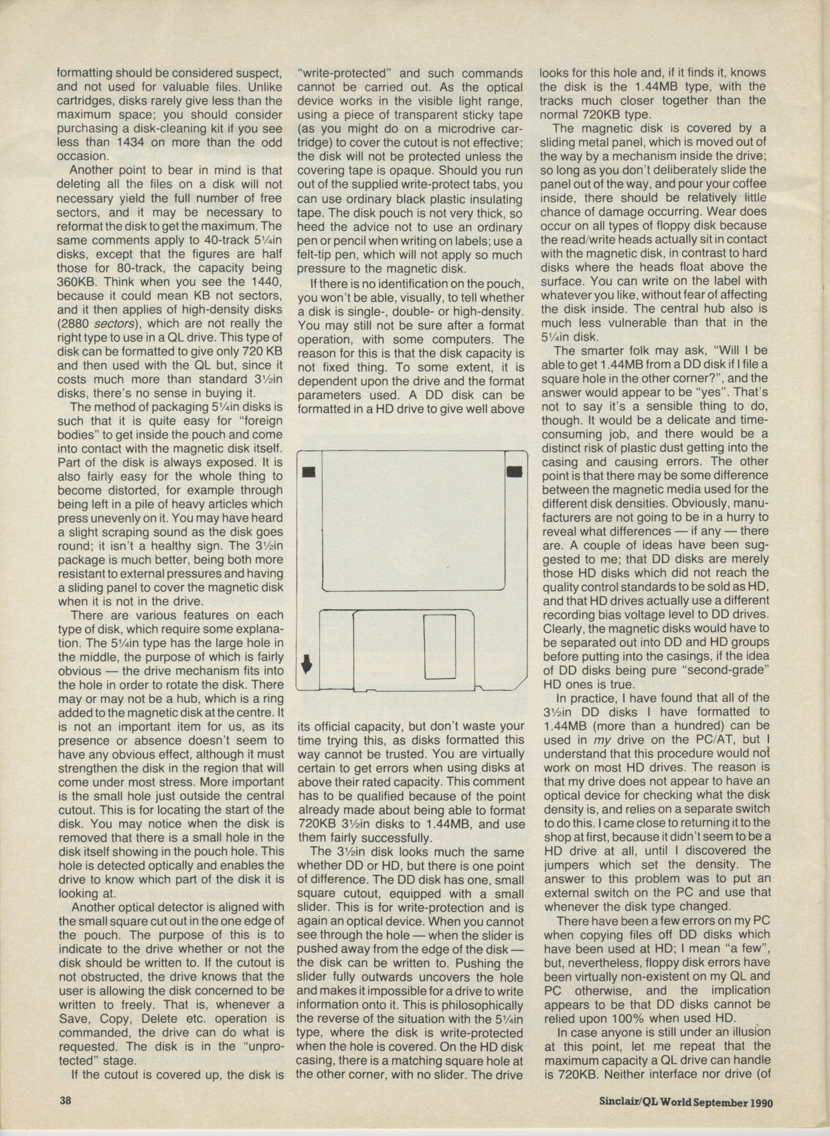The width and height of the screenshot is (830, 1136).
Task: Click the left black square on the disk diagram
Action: [x=309, y=472]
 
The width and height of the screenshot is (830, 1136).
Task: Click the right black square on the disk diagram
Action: [x=514, y=472]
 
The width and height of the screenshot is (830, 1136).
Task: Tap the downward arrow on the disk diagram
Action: [x=307, y=663]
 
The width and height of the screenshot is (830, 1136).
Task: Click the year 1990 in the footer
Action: [x=758, y=1102]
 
